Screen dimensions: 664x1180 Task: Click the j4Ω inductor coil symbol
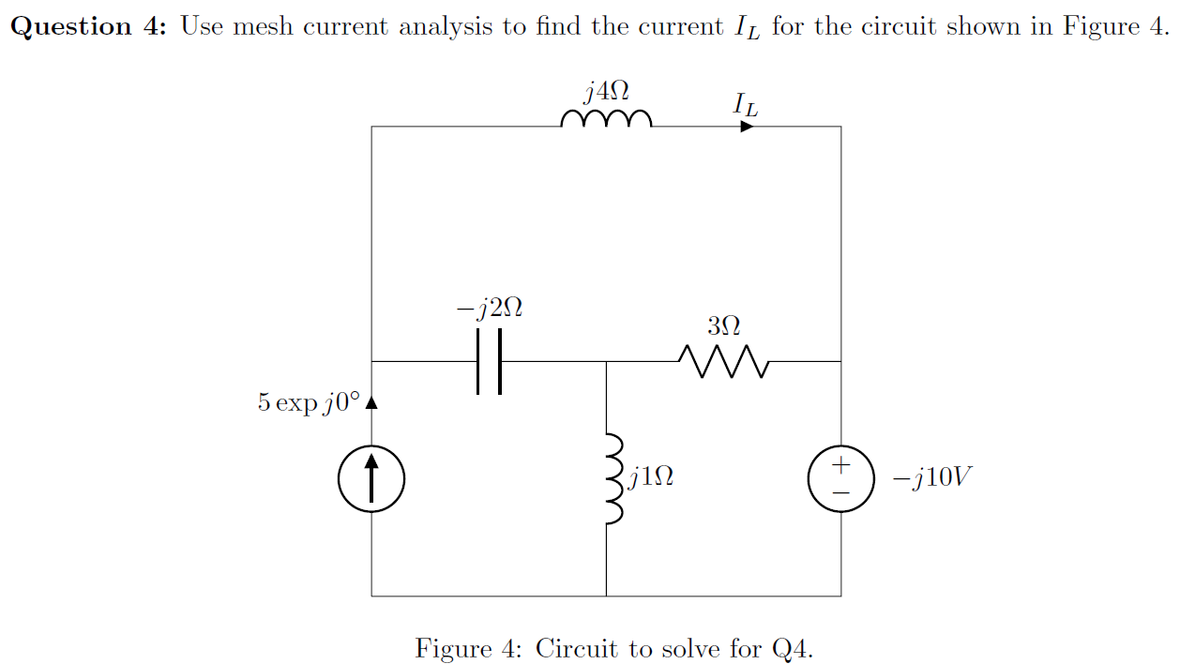(606, 119)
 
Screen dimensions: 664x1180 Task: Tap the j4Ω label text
(606, 91)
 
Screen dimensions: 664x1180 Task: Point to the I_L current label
(746, 104)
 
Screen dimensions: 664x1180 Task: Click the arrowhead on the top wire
(747, 126)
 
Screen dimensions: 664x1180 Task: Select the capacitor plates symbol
(488, 361)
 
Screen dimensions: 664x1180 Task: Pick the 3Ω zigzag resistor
(723, 361)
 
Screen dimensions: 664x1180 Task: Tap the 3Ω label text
(723, 326)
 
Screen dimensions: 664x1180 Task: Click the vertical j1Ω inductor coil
(613, 478)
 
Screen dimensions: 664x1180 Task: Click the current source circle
(371, 478)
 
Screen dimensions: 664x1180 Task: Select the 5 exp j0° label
(308, 403)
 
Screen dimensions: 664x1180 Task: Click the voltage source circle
(840, 478)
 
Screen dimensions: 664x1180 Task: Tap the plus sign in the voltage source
(840, 465)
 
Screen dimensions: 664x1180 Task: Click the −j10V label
(932, 478)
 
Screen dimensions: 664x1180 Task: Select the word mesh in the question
(262, 25)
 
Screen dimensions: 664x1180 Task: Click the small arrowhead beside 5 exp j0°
(371, 403)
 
